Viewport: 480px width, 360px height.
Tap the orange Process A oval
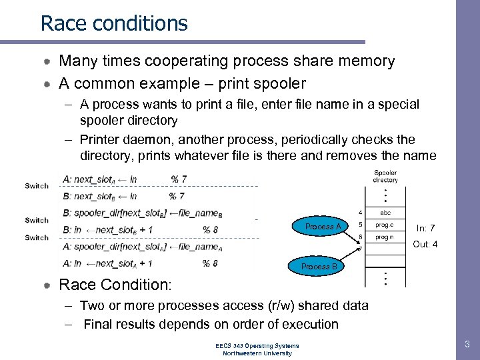[323, 227]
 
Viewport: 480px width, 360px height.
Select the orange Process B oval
[319, 267]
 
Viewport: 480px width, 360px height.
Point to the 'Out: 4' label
[425, 245]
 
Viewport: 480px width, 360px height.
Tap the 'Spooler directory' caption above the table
[385, 177]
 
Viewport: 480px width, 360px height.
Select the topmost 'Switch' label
[37, 186]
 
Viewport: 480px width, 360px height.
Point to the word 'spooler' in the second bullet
[271, 83]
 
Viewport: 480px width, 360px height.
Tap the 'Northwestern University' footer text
[257, 353]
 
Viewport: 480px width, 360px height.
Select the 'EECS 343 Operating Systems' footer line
[257, 345]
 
